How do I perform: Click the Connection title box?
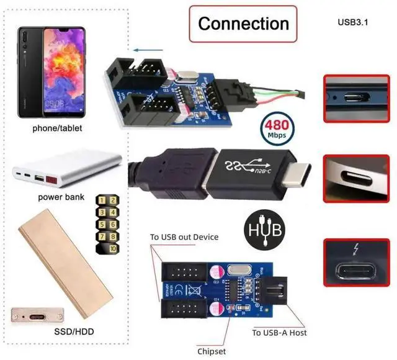point(243,24)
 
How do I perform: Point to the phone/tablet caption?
point(58,128)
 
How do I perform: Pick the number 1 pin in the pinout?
point(102,200)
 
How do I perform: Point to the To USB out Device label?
point(184,236)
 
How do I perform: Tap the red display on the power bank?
point(51,180)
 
